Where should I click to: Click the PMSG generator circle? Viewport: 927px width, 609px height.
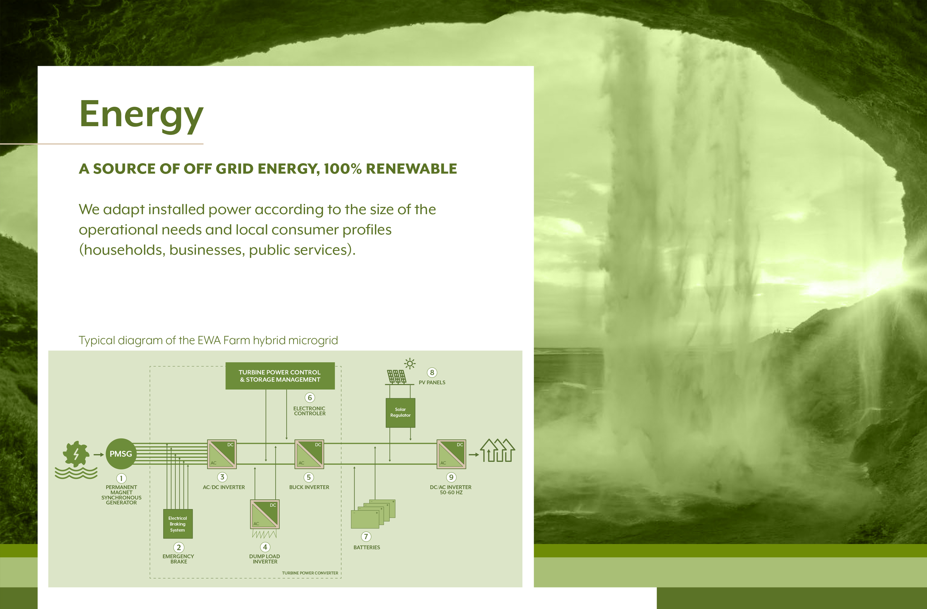[x=121, y=454]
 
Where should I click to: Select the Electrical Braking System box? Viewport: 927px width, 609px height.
[x=178, y=524]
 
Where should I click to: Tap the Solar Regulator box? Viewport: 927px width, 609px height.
[x=400, y=413]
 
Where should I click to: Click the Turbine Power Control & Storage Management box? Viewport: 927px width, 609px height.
[x=280, y=376]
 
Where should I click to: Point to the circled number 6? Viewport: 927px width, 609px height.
[x=310, y=398]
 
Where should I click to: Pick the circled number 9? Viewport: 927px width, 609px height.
[x=451, y=477]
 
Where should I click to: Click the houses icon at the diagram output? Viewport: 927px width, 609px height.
[x=497, y=450]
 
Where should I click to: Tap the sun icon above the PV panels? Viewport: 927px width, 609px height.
[x=410, y=364]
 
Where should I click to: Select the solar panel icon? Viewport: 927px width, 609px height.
[x=396, y=377]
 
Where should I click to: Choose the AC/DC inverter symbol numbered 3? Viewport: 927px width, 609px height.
[x=222, y=454]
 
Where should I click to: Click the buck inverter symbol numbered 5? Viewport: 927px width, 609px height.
[x=309, y=454]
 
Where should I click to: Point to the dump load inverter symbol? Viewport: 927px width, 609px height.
[x=265, y=514]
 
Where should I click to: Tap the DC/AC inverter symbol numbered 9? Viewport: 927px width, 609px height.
[x=451, y=454]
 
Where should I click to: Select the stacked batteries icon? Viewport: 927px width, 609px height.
[x=373, y=514]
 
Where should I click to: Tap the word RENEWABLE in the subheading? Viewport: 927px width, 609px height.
[x=411, y=169]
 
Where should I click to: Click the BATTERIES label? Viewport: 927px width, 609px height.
[x=366, y=548]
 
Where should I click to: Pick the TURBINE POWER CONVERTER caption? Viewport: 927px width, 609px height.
[x=310, y=573]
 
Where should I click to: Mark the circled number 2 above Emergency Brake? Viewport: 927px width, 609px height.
[x=179, y=548]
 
